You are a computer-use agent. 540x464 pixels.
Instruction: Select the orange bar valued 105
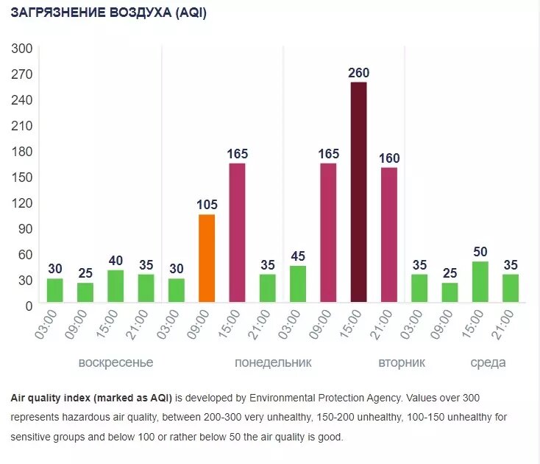tap(207, 258)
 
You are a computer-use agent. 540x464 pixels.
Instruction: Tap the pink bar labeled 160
tap(389, 234)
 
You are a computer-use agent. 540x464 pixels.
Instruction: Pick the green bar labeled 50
tap(480, 281)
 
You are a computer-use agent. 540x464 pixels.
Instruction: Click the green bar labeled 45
tap(298, 284)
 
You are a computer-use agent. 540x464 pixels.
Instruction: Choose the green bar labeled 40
tap(116, 286)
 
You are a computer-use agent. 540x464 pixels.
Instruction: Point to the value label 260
tap(358, 73)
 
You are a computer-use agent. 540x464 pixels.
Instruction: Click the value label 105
tap(207, 205)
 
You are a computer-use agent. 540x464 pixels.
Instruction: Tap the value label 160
tap(389, 158)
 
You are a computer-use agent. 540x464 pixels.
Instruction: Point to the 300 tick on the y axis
tap(22, 49)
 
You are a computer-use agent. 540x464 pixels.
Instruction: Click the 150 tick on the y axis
tap(22, 177)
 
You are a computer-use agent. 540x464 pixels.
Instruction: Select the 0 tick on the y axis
tap(28, 306)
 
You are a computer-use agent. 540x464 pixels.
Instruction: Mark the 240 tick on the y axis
tap(22, 100)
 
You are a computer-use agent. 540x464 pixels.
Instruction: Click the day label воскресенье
tap(116, 363)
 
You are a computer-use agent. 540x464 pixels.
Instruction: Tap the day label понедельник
tap(273, 363)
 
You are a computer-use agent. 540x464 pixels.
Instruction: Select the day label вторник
tap(402, 363)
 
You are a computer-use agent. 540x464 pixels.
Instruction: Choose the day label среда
tap(488, 363)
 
